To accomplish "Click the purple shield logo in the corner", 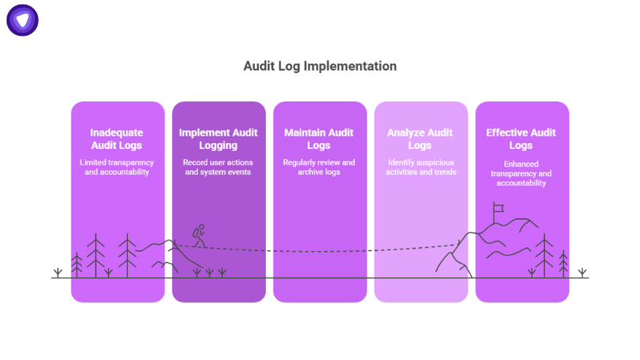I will tap(23, 20).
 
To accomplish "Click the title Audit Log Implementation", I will tap(320, 66).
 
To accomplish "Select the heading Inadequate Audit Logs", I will tap(117, 139).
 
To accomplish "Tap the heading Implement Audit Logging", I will tap(218, 139).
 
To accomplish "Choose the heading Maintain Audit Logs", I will tap(319, 139).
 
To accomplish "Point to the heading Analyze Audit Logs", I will tap(421, 139).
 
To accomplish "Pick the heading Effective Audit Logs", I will tap(522, 139).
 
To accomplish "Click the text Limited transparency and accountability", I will tap(117, 166).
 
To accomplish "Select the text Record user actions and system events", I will tap(218, 166).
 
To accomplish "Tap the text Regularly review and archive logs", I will tap(319, 166).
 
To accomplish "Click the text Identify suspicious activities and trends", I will tap(421, 166).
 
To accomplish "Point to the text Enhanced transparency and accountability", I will tap(522, 174).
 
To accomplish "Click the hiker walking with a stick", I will tap(198, 235).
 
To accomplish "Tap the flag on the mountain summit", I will tap(499, 209).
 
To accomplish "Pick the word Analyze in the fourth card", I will tap(407, 133).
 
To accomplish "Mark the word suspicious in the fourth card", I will tap(431, 162).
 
